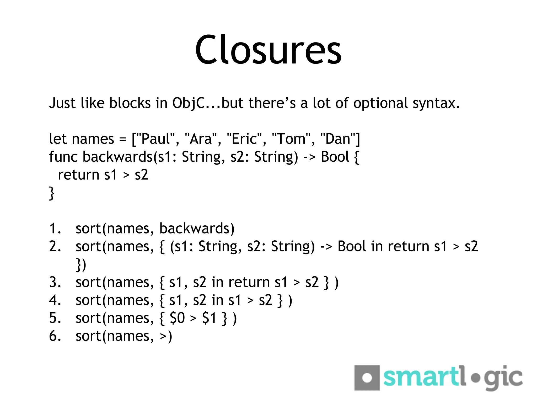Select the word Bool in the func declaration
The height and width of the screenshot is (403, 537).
335,157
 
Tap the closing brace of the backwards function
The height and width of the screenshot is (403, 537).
51,193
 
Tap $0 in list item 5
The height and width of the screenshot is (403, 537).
177,318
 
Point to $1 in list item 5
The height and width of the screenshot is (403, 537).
209,318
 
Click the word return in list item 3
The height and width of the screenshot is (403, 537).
249,283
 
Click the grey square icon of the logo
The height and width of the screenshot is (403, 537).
367,378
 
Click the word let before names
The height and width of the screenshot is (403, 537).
58,139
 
